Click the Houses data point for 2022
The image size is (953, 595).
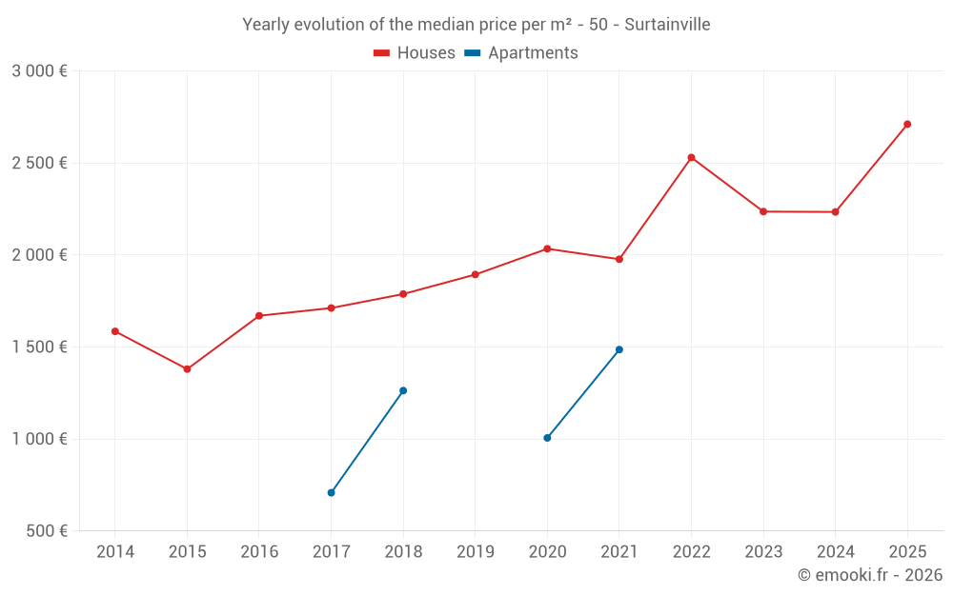pyautogui.click(x=691, y=158)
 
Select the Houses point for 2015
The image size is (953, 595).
pyautogui.click(x=187, y=369)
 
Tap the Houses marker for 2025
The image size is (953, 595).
pyautogui.click(x=907, y=124)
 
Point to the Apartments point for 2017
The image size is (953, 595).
pyautogui.click(x=331, y=492)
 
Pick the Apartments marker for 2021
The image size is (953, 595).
pyautogui.click(x=619, y=349)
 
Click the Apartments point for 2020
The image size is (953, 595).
pyautogui.click(x=547, y=438)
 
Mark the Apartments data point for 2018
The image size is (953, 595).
pyautogui.click(x=403, y=390)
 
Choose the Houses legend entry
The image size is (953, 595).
pyautogui.click(x=415, y=53)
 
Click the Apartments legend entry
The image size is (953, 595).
pyautogui.click(x=521, y=53)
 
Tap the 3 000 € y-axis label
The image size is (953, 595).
pyautogui.click(x=39, y=71)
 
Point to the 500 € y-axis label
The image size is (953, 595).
pyautogui.click(x=46, y=531)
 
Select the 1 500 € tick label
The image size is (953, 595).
pyautogui.click(x=39, y=347)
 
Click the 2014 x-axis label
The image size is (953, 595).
pyautogui.click(x=115, y=552)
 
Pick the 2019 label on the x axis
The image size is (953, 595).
pyautogui.click(x=476, y=552)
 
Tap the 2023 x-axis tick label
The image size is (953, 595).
pyautogui.click(x=763, y=552)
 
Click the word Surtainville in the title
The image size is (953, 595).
pyautogui.click(x=667, y=25)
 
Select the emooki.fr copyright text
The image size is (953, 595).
pyautogui.click(x=870, y=575)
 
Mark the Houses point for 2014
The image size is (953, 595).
pyautogui.click(x=115, y=331)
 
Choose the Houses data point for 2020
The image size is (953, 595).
pyautogui.click(x=547, y=248)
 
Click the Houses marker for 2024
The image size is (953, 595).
pyautogui.click(x=835, y=211)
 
